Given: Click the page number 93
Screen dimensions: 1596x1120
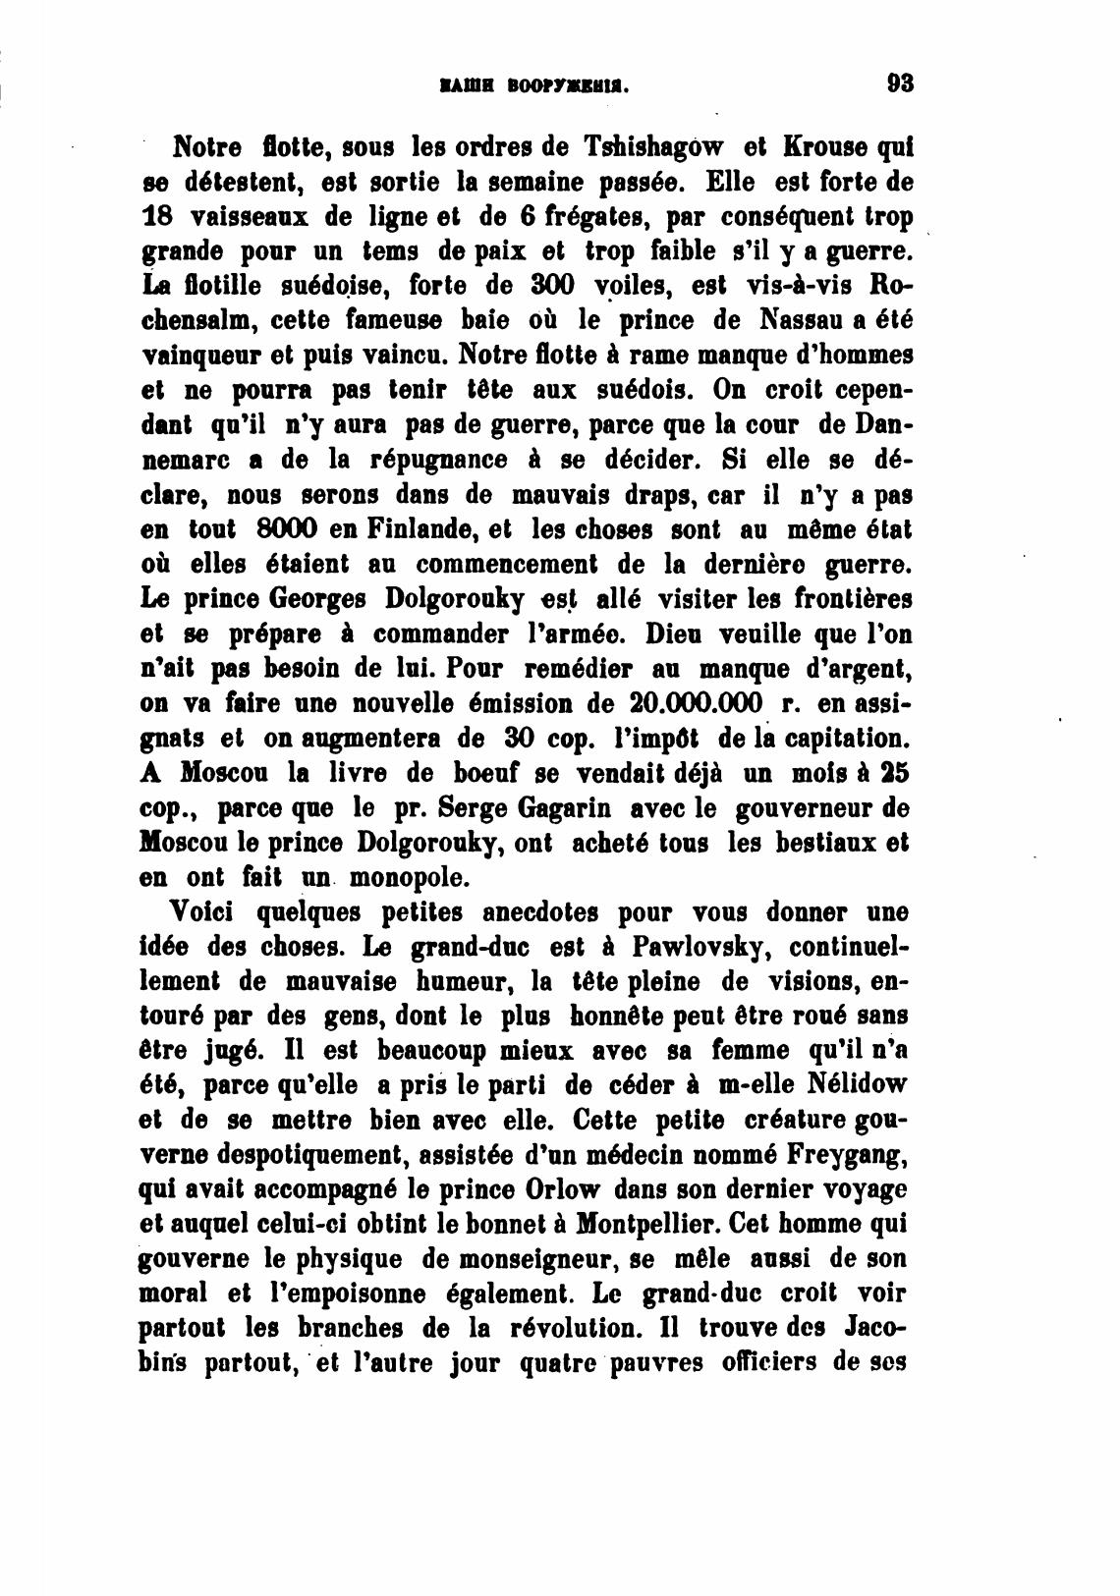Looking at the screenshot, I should [899, 83].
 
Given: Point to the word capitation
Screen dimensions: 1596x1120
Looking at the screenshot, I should [839, 738].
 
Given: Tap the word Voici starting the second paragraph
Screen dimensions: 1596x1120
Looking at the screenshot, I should [205, 912].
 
